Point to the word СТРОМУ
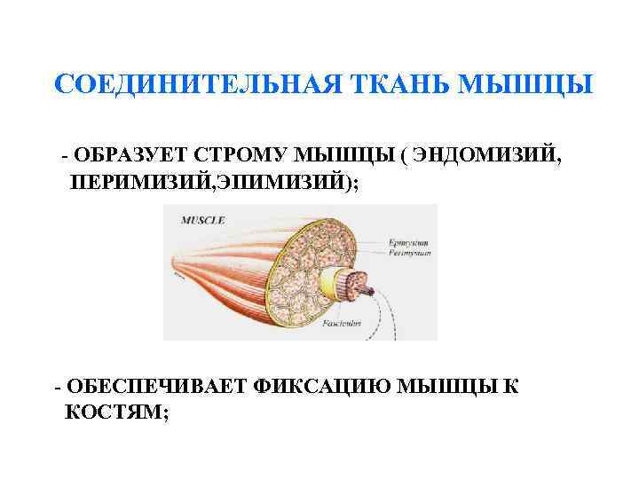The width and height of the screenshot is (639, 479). click(239, 155)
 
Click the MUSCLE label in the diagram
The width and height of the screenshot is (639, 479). click(203, 219)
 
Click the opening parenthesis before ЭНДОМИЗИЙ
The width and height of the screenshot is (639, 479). click(405, 155)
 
